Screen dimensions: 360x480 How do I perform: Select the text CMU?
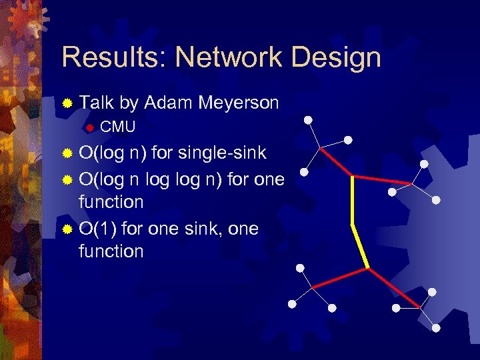click(x=117, y=127)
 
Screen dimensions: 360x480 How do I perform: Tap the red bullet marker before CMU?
click(x=89, y=127)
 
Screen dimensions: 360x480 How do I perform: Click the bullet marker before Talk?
click(x=67, y=103)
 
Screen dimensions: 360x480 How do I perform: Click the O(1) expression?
click(x=99, y=229)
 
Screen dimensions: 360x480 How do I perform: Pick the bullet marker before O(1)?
click(x=67, y=229)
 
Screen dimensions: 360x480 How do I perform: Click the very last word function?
click(x=111, y=251)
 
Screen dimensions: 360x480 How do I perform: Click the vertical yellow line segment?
click(x=352, y=200)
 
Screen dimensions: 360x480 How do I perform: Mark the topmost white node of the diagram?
click(x=308, y=121)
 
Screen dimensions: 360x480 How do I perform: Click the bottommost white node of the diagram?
click(x=436, y=327)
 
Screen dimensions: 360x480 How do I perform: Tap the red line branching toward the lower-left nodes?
click(x=340, y=278)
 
